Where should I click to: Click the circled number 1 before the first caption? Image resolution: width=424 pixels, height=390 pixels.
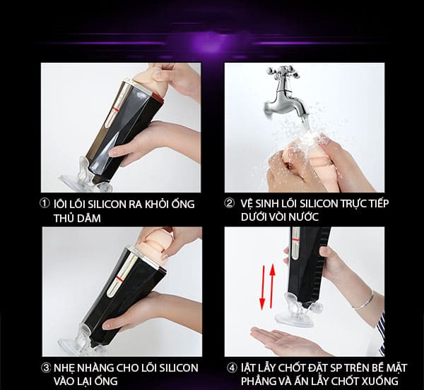pos(45,204)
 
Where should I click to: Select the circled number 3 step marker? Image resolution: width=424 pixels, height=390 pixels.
pos(45,367)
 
